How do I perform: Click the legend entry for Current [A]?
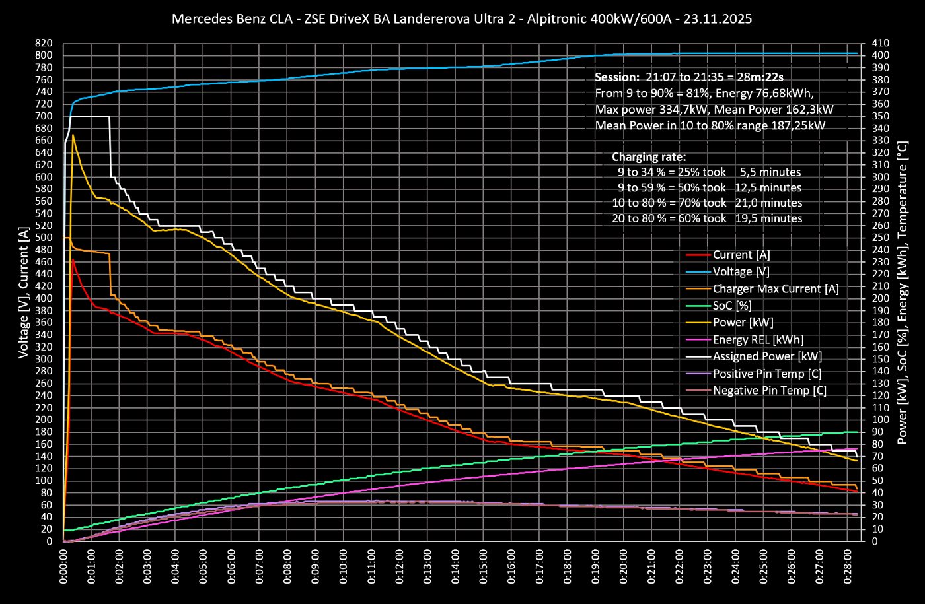coord(741,255)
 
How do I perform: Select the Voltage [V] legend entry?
coord(741,272)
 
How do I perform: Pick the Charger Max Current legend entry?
coord(775,289)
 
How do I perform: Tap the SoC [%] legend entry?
coord(733,306)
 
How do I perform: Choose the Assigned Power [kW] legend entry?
coord(767,356)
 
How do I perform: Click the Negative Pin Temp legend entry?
coord(769,391)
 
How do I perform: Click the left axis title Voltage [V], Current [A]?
coord(24,293)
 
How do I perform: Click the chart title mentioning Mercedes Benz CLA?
coord(461,19)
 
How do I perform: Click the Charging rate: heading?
coord(649,157)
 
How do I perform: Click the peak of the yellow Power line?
coord(73,135)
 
